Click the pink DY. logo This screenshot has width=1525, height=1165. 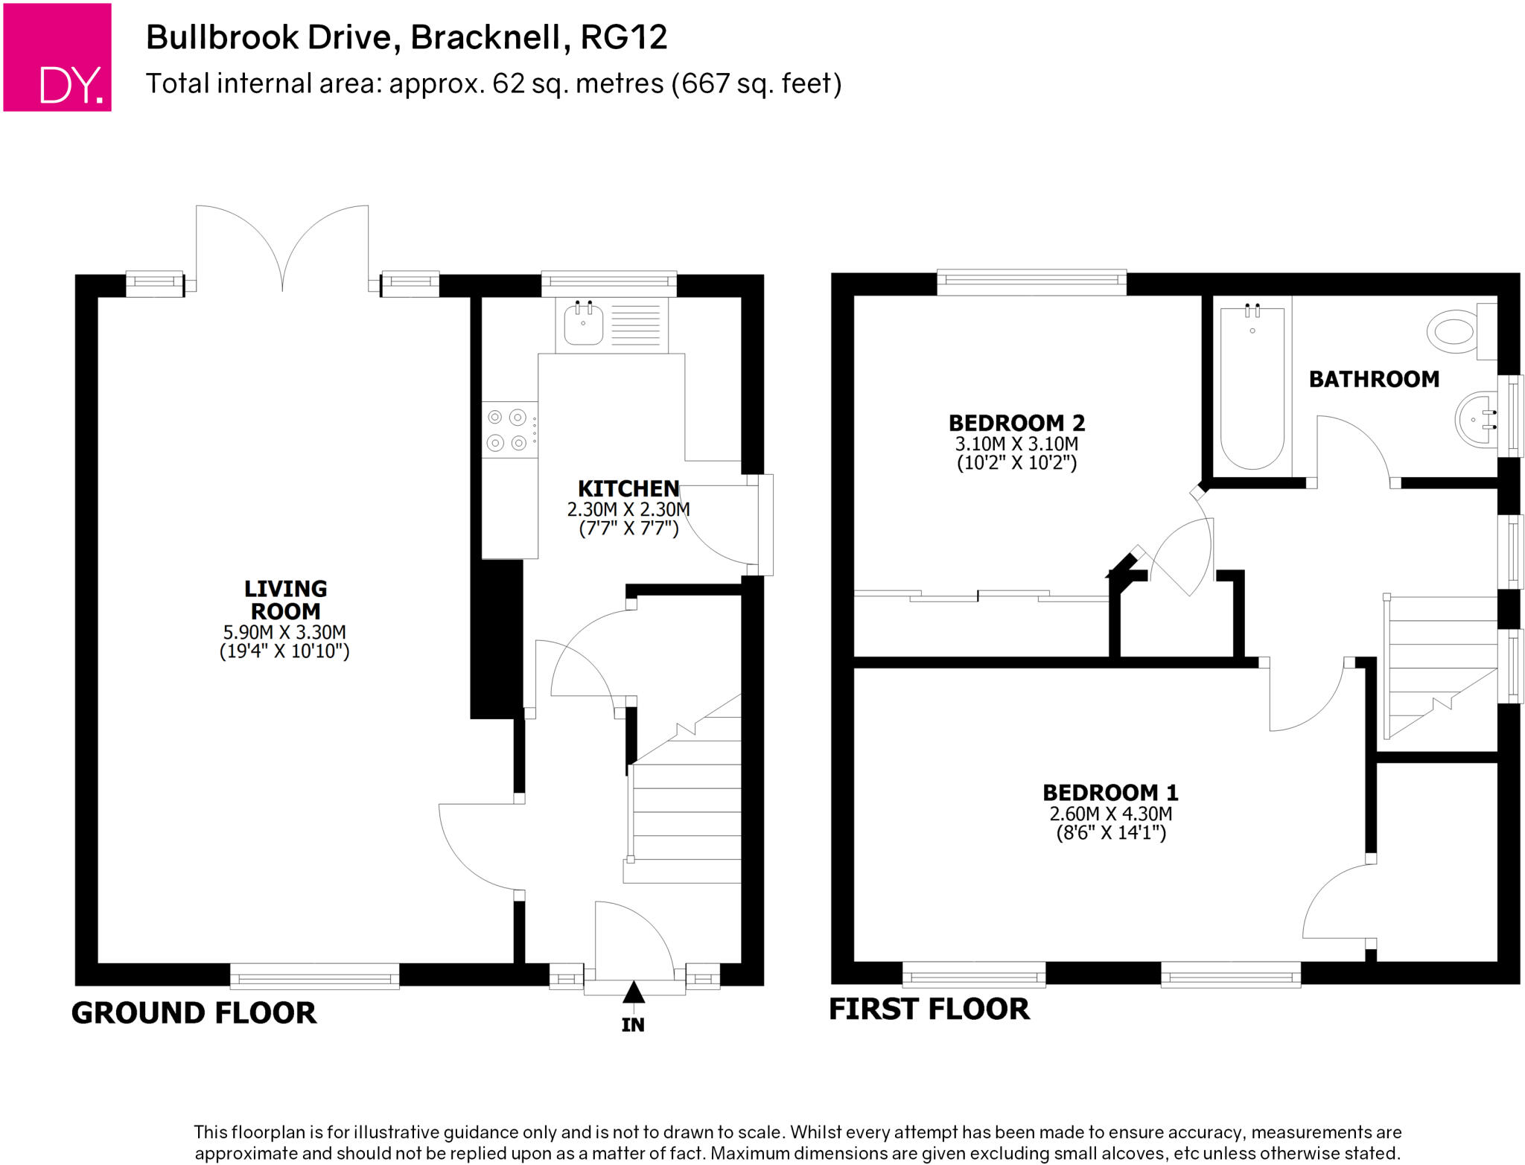click(57, 57)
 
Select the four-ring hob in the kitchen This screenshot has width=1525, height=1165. click(509, 430)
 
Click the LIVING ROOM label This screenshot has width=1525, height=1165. click(285, 600)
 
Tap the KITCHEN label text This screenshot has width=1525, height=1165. click(628, 488)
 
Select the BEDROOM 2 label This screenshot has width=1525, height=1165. click(1016, 423)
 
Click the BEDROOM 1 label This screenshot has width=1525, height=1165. click(1110, 792)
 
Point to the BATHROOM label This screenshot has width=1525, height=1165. click(1374, 379)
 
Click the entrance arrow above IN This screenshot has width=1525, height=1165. click(633, 992)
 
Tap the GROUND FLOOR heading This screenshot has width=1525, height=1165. click(194, 1013)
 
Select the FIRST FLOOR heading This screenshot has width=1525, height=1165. click(929, 1009)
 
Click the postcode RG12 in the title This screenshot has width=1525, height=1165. click(623, 37)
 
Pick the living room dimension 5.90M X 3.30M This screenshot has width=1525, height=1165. click(284, 632)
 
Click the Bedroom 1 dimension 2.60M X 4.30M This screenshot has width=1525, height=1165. click(1110, 814)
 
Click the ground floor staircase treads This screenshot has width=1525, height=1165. click(685, 811)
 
